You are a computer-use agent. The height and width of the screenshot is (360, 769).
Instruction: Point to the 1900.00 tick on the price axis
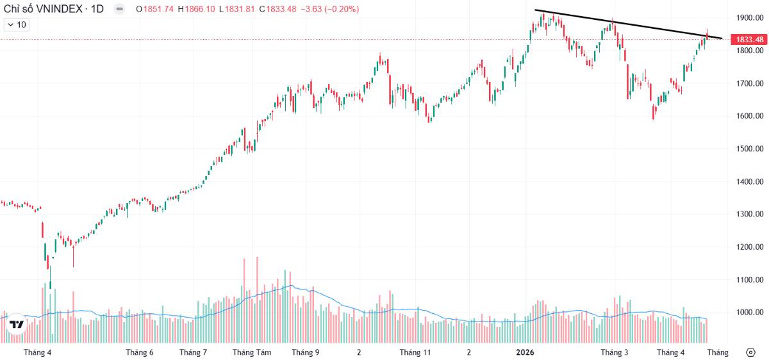point(749,18)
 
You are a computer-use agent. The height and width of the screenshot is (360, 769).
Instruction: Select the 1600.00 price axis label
point(749,117)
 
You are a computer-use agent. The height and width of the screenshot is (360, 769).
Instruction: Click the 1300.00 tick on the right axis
point(749,215)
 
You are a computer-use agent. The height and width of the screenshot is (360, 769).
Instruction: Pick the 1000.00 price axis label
point(749,313)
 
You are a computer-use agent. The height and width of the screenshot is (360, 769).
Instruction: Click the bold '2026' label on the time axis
point(525,352)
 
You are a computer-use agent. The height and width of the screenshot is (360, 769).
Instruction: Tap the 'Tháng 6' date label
point(140,352)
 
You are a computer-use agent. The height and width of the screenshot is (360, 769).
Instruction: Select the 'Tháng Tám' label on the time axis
point(252,352)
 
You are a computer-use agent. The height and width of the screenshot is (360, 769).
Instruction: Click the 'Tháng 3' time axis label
point(615,352)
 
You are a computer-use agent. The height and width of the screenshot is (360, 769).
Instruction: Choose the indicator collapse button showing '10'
point(17,25)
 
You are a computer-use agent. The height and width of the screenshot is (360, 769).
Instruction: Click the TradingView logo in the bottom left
point(17,325)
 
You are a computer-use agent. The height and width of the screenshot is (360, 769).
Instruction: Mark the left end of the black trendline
point(536,10)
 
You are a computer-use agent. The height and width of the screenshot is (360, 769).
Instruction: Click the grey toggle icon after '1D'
point(120,9)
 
